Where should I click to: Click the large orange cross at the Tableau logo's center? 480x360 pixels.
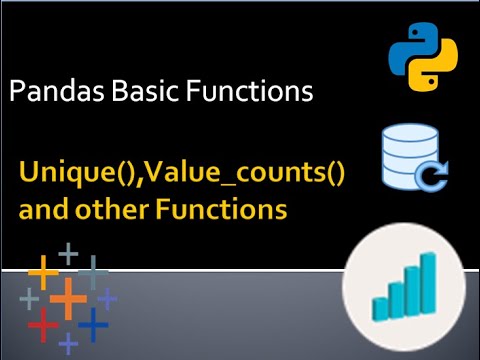(68, 298)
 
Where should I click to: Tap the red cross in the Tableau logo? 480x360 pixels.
(42, 324)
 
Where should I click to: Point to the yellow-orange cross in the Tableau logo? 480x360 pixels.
(43, 269)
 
